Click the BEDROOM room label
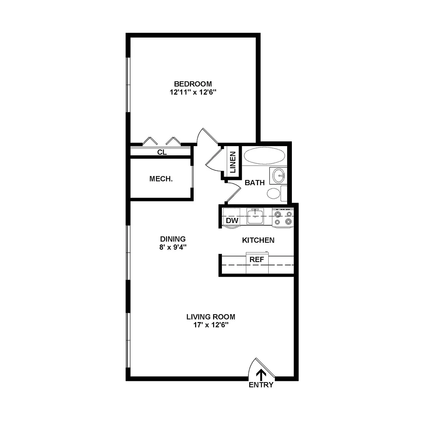coord(193,84)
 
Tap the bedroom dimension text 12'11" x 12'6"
coord(193,92)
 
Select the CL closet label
coord(162,152)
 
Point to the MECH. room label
coord(161,179)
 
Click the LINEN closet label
coord(233,162)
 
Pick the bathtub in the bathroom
coord(264,155)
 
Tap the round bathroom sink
coord(279,176)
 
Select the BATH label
coord(254,183)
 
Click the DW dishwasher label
coord(232,220)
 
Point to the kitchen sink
coord(255,216)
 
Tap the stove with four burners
coord(283,218)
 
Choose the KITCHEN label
coord(258,240)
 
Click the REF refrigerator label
coord(257,259)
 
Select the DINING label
coord(173,239)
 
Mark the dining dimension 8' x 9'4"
coord(173,247)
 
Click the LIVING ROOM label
coord(211,317)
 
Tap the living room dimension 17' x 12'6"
coord(211,325)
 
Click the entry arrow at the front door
coord(261,375)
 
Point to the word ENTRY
coord(261,385)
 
